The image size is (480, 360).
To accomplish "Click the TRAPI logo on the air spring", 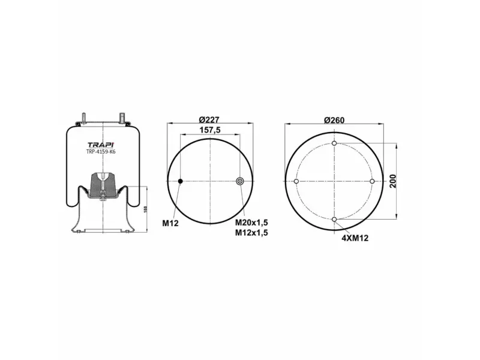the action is (101, 145).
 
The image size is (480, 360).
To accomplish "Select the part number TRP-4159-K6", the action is (101, 152).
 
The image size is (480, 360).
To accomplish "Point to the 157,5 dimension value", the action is (210, 130).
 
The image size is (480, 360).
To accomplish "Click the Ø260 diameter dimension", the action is (334, 121).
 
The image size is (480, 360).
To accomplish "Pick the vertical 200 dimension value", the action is (393, 181).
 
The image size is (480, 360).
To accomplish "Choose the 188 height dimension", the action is (146, 209).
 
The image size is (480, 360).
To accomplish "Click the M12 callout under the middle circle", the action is (170, 223).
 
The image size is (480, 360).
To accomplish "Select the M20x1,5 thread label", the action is (251, 223).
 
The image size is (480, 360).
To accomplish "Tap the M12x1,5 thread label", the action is (251, 233).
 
